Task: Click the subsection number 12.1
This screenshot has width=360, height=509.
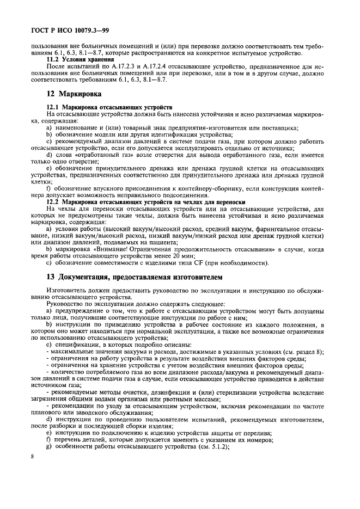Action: coord(54,108)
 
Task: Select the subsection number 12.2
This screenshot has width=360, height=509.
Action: coord(54,202)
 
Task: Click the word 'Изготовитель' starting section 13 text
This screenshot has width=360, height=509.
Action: coord(69,291)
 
